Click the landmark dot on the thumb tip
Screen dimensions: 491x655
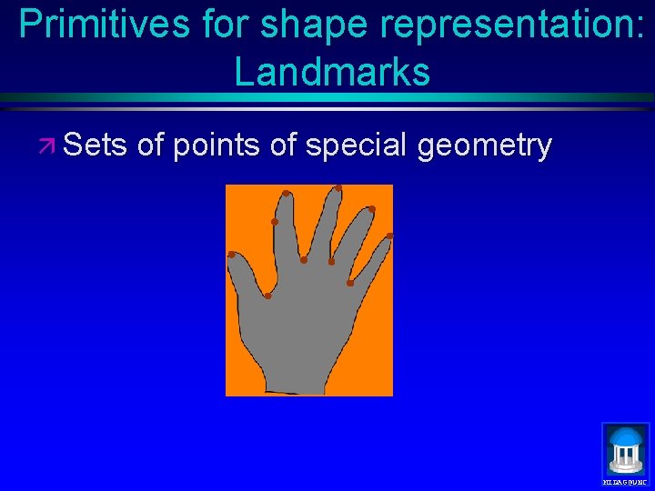232,255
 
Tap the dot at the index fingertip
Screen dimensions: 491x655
286,194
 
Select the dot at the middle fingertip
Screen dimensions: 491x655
338,188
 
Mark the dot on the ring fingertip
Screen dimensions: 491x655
371,210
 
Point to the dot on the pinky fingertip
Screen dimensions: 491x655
389,236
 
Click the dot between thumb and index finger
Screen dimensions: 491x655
267,296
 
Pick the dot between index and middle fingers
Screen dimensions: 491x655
304,260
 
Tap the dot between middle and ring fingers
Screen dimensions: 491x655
331,262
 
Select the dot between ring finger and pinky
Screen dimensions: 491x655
349,283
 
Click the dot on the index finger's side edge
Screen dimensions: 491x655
274,222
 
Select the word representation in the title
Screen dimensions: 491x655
495,25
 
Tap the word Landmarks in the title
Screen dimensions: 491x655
332,72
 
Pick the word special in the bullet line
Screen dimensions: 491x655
357,145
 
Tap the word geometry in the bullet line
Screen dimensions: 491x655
484,145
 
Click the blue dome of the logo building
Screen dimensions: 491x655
626,438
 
